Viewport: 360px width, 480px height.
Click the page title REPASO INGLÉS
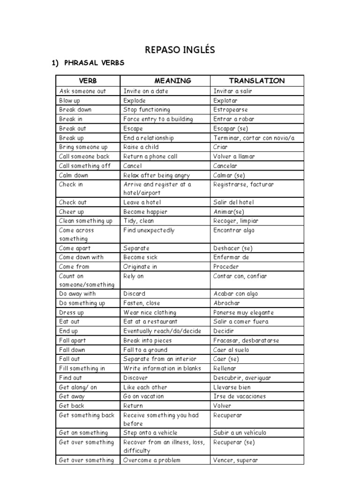[x=180, y=50]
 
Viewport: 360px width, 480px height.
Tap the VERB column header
[x=88, y=81]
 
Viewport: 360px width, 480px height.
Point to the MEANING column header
[x=165, y=81]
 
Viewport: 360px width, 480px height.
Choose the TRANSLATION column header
[x=257, y=81]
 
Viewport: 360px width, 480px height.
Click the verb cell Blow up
[x=70, y=100]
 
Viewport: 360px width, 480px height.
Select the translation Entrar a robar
[x=233, y=119]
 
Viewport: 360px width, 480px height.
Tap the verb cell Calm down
[x=74, y=175]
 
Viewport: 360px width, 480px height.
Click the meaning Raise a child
[x=141, y=147]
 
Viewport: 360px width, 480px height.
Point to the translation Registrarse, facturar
[x=243, y=184]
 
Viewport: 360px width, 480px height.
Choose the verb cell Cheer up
[x=72, y=211]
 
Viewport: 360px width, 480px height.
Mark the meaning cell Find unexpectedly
[x=149, y=230]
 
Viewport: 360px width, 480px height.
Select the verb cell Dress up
[x=72, y=313]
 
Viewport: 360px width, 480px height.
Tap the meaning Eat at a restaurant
[x=150, y=322]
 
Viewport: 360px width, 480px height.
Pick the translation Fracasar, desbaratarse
[x=246, y=340]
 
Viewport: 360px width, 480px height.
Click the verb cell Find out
[x=70, y=378]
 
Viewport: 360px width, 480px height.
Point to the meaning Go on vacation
[x=143, y=396]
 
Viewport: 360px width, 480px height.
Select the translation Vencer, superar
[x=235, y=460]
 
